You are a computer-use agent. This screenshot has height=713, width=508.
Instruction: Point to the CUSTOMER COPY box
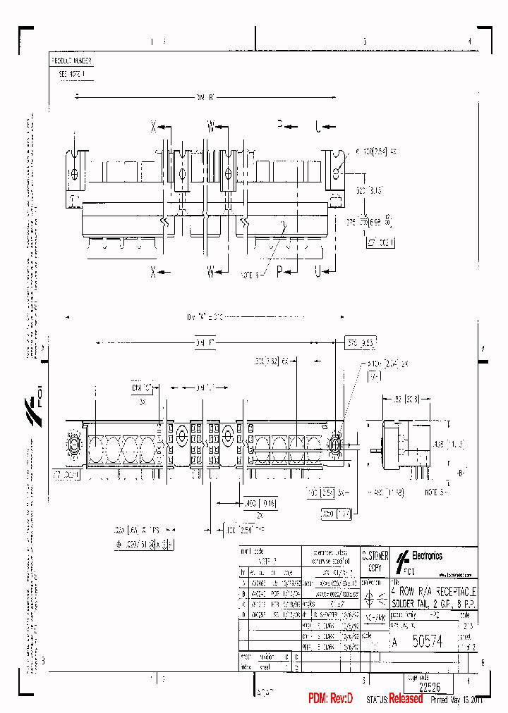click(x=374, y=561)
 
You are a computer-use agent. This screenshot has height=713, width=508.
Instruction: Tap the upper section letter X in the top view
click(x=153, y=128)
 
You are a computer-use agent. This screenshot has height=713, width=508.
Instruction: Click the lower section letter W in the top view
click(x=211, y=273)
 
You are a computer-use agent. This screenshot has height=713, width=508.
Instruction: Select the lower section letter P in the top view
click(x=279, y=273)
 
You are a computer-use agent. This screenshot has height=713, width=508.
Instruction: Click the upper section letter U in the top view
click(x=318, y=128)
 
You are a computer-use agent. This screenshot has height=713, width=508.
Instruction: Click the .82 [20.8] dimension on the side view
click(x=400, y=399)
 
